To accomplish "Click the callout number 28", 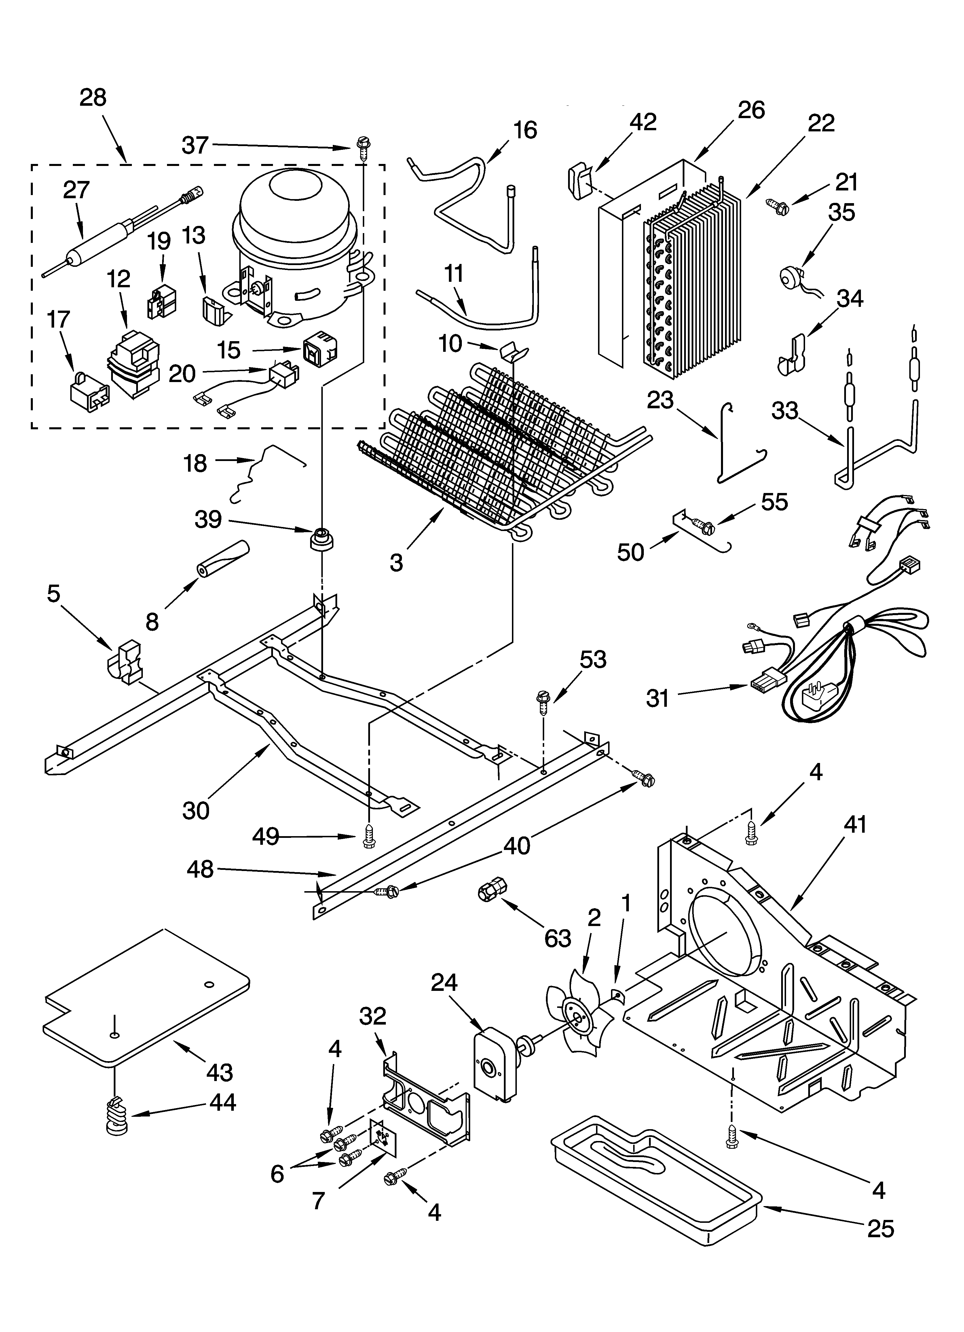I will (93, 97).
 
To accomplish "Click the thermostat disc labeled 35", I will (790, 275).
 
